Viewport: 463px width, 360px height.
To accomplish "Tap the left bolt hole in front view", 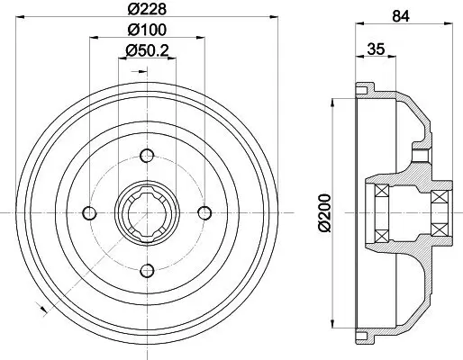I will pyautogui.click(x=89, y=212).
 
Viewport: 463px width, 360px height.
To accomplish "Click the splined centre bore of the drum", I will pyautogui.click(x=146, y=212).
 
